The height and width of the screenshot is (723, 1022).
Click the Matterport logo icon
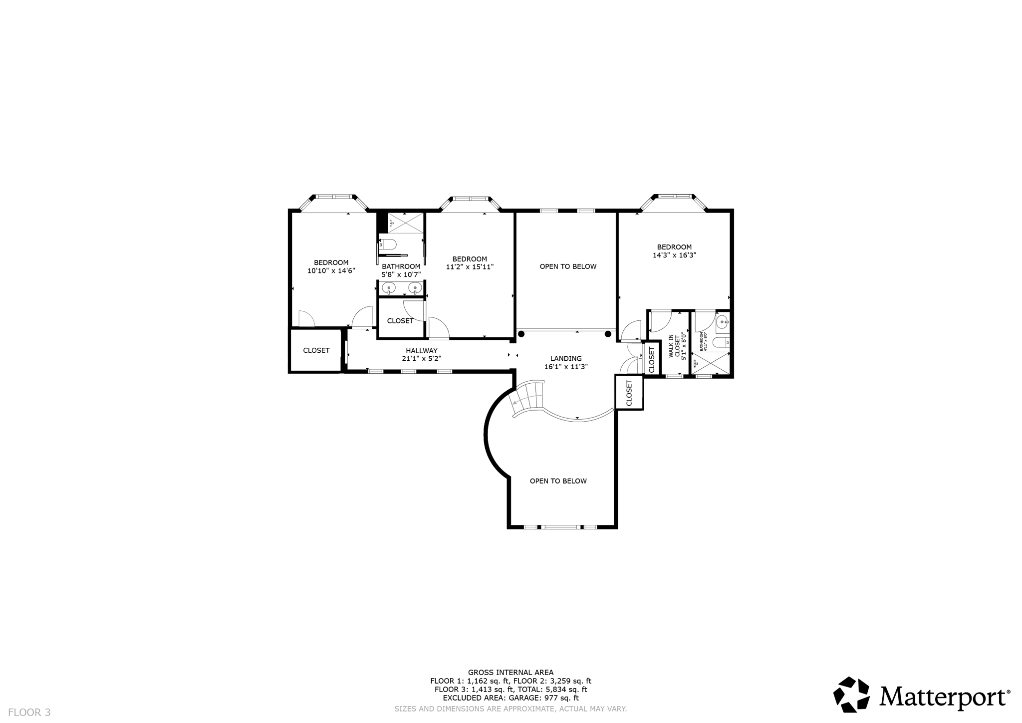click(851, 695)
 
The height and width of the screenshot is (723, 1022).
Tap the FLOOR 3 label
click(29, 713)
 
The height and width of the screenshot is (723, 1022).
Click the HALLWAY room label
click(421, 351)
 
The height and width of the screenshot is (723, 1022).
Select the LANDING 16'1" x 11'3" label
click(566, 362)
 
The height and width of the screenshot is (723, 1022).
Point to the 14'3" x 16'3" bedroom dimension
click(674, 255)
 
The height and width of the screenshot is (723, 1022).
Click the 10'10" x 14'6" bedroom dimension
click(331, 271)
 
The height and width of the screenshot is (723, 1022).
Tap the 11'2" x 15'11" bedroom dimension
click(470, 267)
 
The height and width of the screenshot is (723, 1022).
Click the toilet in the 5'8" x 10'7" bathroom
click(388, 244)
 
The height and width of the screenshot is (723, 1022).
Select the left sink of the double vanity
click(389, 288)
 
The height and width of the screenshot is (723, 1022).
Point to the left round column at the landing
click(521, 334)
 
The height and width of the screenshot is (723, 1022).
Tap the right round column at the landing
click(608, 334)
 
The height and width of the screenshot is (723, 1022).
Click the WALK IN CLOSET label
click(674, 346)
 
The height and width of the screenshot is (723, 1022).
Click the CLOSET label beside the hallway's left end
click(316, 350)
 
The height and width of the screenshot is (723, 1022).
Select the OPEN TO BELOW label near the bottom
click(558, 481)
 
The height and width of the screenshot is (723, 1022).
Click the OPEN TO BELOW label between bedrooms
click(568, 266)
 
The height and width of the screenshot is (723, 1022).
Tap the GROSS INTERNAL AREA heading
click(511, 672)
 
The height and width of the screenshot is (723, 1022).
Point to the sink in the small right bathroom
click(722, 323)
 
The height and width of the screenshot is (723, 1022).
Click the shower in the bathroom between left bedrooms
click(406, 223)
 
